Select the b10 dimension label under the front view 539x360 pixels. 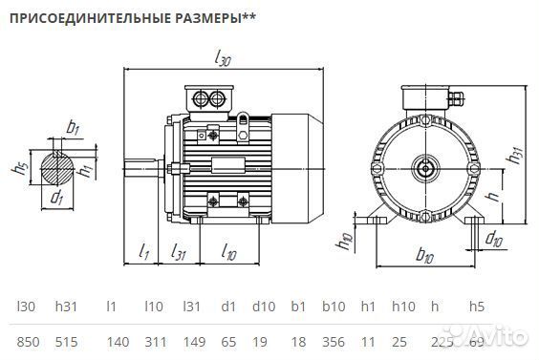point(426,255)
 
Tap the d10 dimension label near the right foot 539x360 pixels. point(494,237)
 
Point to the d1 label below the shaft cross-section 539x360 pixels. point(57,199)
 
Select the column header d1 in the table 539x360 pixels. point(227,307)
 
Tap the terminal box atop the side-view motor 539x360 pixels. point(209,99)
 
